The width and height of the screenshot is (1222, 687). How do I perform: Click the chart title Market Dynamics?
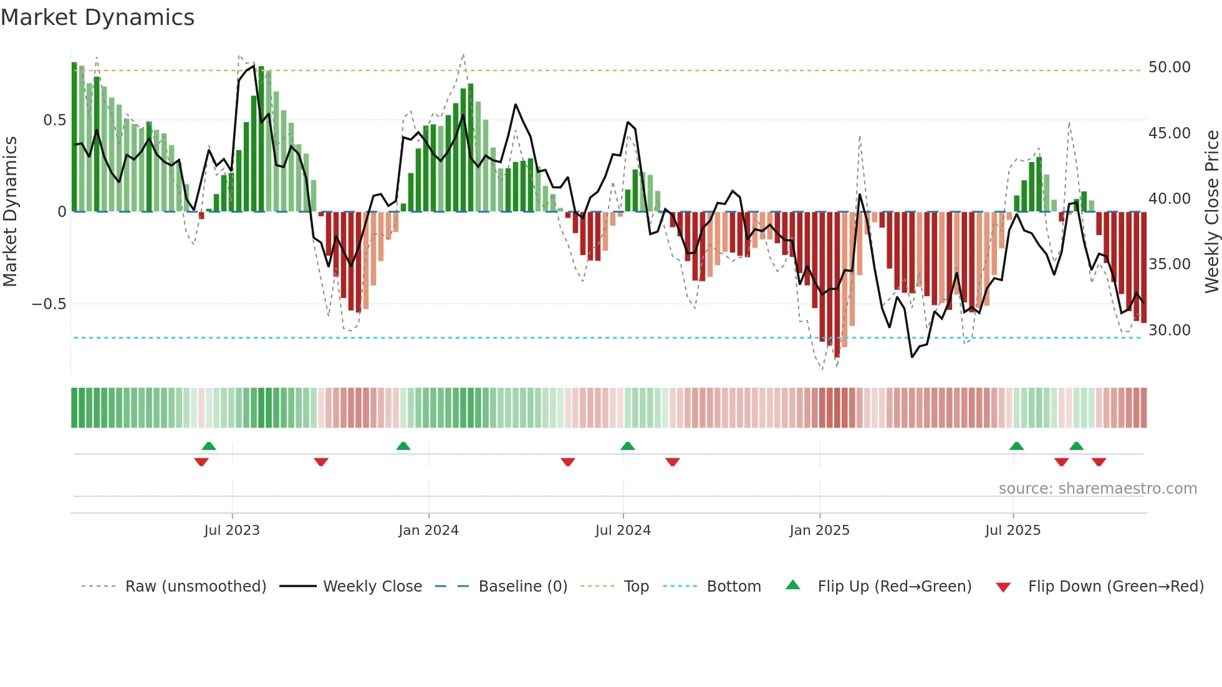[97, 17]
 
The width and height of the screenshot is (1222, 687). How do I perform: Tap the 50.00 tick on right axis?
[1169, 67]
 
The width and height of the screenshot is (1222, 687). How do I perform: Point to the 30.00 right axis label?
[1169, 330]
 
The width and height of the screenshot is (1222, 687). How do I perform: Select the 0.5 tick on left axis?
[54, 120]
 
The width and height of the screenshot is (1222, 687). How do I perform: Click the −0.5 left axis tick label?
[49, 304]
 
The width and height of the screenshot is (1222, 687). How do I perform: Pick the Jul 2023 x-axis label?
[231, 531]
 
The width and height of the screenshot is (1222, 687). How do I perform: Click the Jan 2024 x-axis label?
[428, 531]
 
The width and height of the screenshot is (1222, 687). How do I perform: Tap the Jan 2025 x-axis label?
[819, 531]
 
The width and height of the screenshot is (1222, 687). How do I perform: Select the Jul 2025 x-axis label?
[1013, 531]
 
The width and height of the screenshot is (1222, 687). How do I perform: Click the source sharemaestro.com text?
[1097, 489]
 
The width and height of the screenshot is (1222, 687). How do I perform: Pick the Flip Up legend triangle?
[792, 585]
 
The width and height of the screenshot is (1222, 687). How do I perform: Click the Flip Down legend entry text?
[1115, 587]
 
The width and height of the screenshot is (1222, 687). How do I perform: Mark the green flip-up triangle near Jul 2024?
[627, 446]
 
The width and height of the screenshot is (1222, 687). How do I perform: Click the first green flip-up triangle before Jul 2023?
[209, 446]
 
